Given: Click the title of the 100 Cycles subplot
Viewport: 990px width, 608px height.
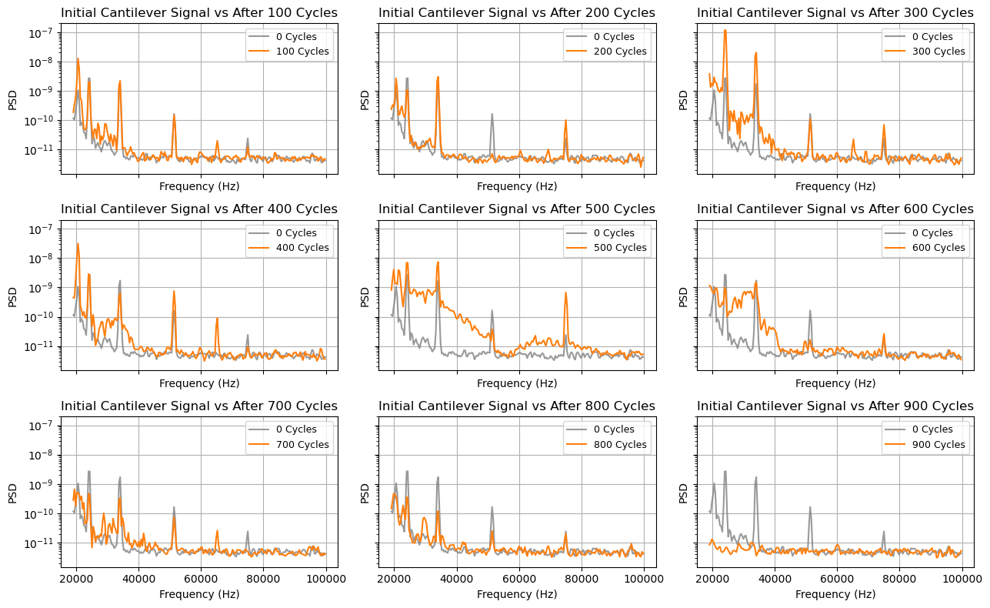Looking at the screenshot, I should coord(198,13).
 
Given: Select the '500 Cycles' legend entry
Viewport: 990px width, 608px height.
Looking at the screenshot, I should coord(620,248).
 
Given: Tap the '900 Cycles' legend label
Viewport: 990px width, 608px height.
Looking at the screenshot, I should coord(938,444).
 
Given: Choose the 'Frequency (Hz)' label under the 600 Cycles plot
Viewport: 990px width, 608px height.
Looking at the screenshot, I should coord(835,383).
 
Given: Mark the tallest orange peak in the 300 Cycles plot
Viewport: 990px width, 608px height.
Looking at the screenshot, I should coord(725,31).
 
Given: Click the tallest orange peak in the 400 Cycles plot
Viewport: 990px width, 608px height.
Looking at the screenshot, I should coord(78,244).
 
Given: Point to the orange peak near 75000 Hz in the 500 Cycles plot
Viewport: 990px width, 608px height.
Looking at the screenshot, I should coord(565,292).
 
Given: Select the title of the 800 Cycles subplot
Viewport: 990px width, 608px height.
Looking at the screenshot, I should coord(517,406).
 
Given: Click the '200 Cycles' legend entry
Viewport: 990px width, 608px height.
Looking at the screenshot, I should coord(620,52).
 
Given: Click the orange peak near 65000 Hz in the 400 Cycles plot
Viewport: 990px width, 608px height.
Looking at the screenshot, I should coord(217,318).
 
